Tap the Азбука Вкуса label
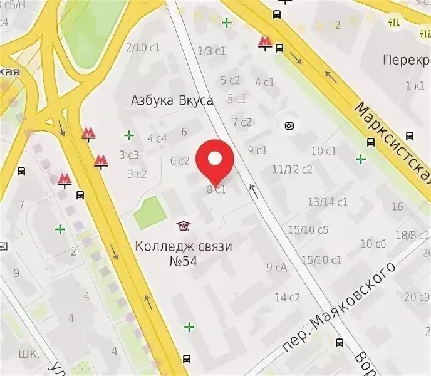tap(172, 100)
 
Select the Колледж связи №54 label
tap(183, 253)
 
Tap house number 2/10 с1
tap(142, 48)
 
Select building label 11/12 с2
tap(292, 169)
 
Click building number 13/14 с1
tap(328, 201)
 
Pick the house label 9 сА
tap(276, 268)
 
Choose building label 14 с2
tap(288, 297)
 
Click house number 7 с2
tap(242, 122)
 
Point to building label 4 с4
tap(157, 138)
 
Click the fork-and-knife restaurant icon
tap(394, 23)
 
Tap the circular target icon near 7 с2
tap(289, 126)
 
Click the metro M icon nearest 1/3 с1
tap(266, 43)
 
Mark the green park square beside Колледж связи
tap(150, 212)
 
